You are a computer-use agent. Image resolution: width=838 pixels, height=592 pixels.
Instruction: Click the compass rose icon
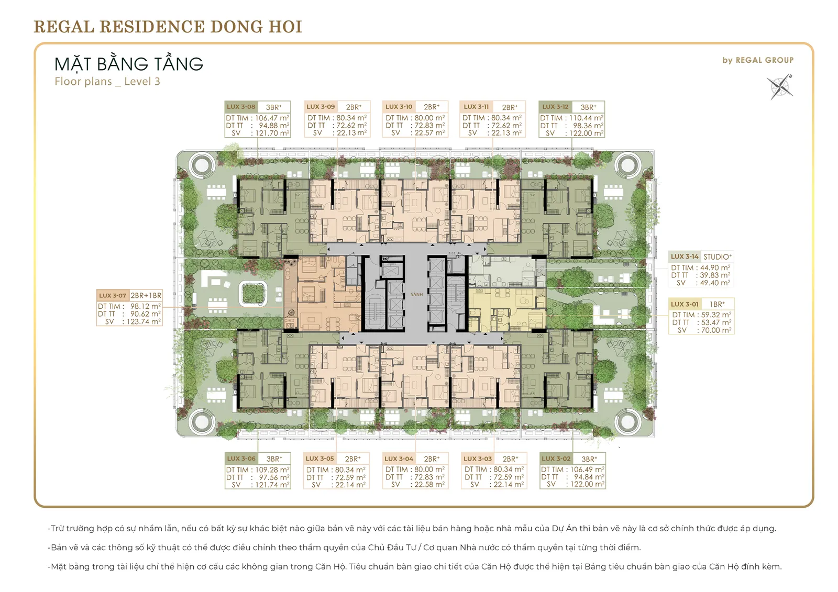pyautogui.click(x=780, y=87)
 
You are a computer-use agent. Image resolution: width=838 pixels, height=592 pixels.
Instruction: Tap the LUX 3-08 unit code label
pyautogui.click(x=241, y=107)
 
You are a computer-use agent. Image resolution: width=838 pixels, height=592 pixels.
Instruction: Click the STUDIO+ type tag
pyautogui.click(x=717, y=256)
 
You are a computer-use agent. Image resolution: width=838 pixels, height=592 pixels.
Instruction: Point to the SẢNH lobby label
pyautogui.click(x=416, y=294)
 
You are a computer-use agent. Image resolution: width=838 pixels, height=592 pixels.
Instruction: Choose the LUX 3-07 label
pyautogui.click(x=113, y=295)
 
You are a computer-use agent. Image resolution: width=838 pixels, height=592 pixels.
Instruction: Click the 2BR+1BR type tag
pyautogui.click(x=146, y=295)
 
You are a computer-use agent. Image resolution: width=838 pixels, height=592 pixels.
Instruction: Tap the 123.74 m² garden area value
pyautogui.click(x=144, y=321)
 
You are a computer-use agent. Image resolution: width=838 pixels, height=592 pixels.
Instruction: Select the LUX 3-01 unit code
pyautogui.click(x=685, y=304)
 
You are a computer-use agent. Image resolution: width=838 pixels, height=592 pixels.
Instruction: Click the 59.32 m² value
pyautogui.click(x=716, y=315)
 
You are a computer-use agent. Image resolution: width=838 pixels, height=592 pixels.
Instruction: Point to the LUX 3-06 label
pyautogui.click(x=241, y=459)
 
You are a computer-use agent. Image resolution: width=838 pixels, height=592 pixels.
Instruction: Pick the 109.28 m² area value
pyautogui.click(x=272, y=470)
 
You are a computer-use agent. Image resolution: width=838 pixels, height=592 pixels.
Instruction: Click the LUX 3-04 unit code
pyautogui.click(x=399, y=459)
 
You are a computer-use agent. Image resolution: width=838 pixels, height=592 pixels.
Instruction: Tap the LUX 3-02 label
pyautogui.click(x=556, y=459)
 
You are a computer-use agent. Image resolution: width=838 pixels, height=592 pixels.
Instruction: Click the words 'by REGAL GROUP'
pyautogui.click(x=758, y=60)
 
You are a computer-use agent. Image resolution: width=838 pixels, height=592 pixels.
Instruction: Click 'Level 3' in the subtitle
pyautogui.click(x=142, y=82)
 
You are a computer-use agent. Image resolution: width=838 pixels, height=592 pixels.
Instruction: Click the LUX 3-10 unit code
pyautogui.click(x=399, y=107)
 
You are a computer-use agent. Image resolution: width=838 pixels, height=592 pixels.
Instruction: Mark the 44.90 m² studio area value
pyautogui.click(x=715, y=268)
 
